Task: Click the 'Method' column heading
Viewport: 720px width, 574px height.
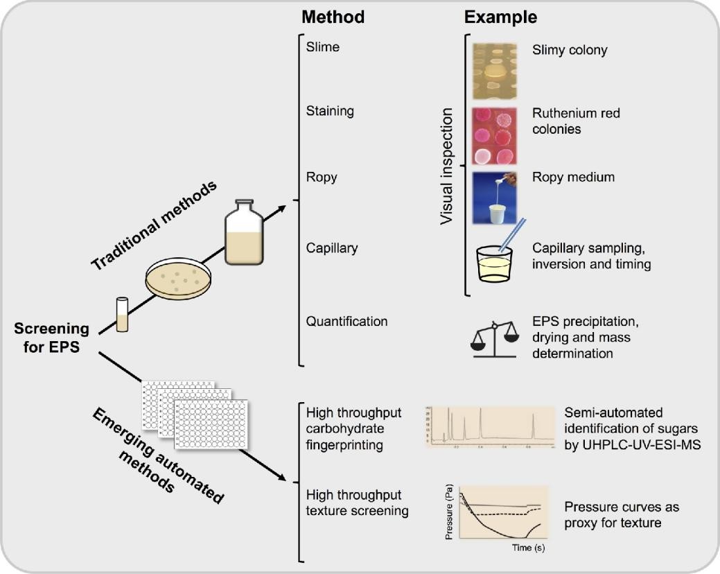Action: [x=335, y=17]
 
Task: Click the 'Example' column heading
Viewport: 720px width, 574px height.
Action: [x=501, y=17]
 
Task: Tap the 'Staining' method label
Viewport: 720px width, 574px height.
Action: [x=330, y=111]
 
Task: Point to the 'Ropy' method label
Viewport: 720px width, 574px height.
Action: [x=322, y=177]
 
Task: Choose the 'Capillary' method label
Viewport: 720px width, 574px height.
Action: [x=333, y=248]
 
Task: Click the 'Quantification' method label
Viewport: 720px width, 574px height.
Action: [x=346, y=321]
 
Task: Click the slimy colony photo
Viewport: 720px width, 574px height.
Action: [x=495, y=71]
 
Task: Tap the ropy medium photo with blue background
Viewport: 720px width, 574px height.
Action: [x=495, y=199]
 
